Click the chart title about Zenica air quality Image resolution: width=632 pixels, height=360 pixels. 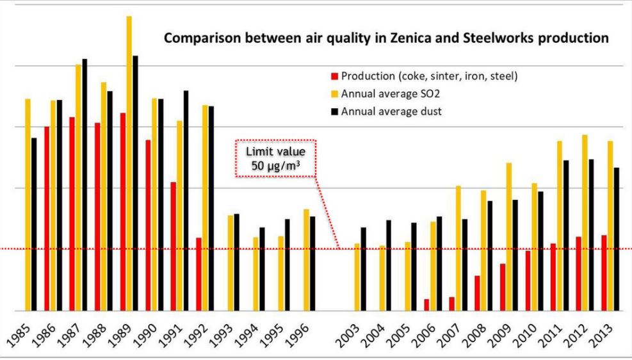pyautogui.click(x=386, y=38)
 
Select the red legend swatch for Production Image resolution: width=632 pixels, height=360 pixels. pyautogui.click(x=334, y=76)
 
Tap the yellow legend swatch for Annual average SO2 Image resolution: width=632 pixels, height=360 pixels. pyautogui.click(x=334, y=94)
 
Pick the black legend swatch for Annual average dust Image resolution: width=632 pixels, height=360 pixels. pyautogui.click(x=334, y=111)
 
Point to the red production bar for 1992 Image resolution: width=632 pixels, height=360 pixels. pyautogui.click(x=199, y=274)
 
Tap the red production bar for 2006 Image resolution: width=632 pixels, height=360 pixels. pyautogui.click(x=426, y=304)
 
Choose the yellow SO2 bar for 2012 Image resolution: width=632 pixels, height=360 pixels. pyautogui.click(x=585, y=222)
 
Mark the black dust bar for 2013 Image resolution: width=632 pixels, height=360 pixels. pyautogui.click(x=616, y=239)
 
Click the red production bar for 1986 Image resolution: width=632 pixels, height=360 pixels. pyautogui.click(x=47, y=218)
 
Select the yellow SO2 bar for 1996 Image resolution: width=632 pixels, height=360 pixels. pyautogui.click(x=306, y=259)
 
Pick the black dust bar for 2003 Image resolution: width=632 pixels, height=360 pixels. pyautogui.click(x=364, y=269)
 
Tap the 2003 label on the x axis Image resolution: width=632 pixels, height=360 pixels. pyautogui.click(x=351, y=334)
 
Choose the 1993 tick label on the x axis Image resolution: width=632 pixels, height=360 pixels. pyautogui.click(x=222, y=334)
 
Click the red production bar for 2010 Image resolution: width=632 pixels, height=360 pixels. pyautogui.click(x=528, y=281)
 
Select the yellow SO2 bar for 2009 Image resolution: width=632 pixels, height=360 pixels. pyautogui.click(x=509, y=236)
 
